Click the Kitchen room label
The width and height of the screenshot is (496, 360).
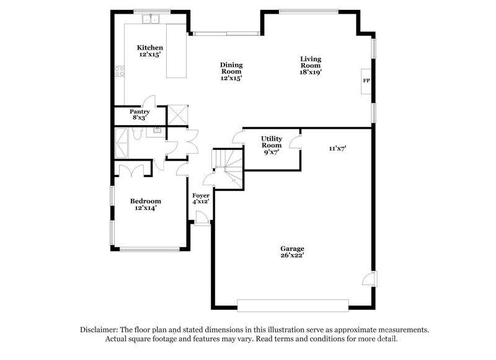149,48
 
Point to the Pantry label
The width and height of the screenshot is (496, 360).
139,112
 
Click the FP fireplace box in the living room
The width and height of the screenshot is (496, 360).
366,81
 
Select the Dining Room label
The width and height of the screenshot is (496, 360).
231,64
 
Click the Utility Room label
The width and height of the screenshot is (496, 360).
271,141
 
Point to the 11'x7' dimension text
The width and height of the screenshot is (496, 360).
337,148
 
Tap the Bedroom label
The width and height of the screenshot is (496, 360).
145,201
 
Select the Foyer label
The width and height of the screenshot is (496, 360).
200,195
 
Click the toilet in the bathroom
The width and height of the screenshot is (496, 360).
140,131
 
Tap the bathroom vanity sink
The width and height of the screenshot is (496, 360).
157,130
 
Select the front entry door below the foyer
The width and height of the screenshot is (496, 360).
201,217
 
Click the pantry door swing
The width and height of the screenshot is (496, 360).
149,102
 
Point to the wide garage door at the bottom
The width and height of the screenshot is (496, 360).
293,305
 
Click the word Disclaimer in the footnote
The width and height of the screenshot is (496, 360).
100,330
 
